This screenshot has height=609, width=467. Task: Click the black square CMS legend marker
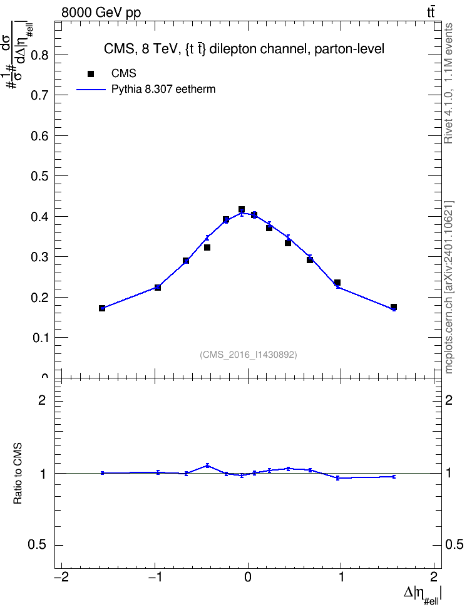91,74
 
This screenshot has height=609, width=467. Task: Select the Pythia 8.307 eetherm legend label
163,90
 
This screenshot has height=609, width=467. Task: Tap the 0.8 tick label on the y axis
39,55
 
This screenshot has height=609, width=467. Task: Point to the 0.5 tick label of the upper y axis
39,176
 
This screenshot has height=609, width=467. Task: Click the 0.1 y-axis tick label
39,338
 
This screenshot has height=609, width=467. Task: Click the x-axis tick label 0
248,577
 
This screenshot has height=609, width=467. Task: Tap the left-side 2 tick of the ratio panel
42,400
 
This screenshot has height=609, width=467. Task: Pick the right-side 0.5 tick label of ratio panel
454,545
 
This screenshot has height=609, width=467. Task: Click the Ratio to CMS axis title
18,473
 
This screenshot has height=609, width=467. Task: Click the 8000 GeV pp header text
101,13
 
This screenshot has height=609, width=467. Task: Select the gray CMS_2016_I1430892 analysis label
249,355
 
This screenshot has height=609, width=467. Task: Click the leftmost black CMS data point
102,308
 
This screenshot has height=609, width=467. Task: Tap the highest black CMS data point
242,210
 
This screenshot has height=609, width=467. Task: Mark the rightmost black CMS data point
394,307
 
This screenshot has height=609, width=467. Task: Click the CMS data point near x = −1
158,288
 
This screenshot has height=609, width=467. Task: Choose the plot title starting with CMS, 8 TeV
244,49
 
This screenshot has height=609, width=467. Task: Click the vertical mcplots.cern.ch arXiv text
449,287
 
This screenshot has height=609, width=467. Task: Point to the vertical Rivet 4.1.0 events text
448,83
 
